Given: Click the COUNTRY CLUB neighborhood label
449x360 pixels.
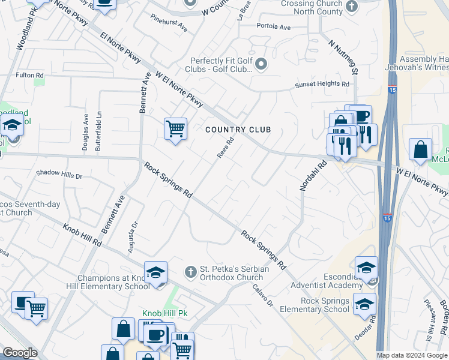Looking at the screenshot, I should tap(238, 130).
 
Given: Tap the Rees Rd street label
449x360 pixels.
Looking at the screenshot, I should tap(224, 147).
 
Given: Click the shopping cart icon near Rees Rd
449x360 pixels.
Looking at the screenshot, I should tap(175, 128).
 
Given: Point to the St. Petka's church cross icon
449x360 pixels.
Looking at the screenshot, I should tap(191, 272).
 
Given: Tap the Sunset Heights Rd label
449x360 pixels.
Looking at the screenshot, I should tap(322, 85).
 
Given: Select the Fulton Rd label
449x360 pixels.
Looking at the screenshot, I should tap(30, 75).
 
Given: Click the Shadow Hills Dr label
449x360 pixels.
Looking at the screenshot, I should tap(59, 173).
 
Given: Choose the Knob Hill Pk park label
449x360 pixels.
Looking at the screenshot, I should tap(165, 313).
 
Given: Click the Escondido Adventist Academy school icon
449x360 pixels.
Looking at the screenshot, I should tap(366, 268).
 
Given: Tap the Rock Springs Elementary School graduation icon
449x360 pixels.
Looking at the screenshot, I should tap(364, 304).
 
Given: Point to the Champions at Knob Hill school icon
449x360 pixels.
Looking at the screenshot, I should tap(155, 272).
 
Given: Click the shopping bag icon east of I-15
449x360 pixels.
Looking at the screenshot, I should tap(420, 149).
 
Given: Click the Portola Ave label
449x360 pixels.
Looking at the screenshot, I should tap(273, 27).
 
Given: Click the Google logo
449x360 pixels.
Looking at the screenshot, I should tap(20, 353).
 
